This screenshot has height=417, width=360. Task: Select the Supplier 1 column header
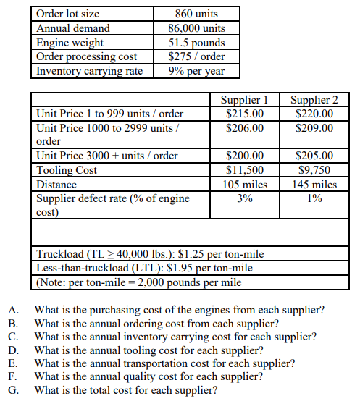[245, 100]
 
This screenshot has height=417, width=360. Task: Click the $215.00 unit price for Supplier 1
[245, 114]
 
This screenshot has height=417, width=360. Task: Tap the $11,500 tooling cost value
[245, 170]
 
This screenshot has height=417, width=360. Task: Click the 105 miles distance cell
[245, 185]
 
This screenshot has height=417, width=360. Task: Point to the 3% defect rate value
[245, 198]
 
